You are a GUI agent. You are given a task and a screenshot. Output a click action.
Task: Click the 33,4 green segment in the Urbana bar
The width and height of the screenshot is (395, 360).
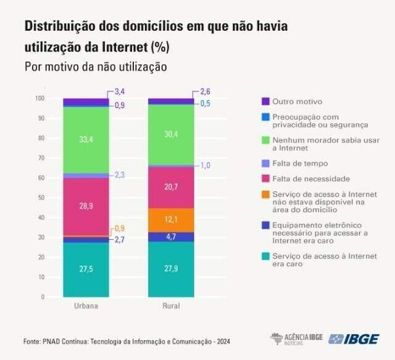pos(86,140)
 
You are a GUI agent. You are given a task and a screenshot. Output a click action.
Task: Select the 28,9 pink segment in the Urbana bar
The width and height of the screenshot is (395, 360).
pos(86,206)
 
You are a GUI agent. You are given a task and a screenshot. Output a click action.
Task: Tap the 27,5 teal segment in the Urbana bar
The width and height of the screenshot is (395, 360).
pos(86,269)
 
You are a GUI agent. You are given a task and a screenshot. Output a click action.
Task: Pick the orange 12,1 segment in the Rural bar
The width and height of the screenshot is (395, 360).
pos(171,219)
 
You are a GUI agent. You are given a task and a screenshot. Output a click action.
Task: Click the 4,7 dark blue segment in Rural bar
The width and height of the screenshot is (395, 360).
pos(171,237)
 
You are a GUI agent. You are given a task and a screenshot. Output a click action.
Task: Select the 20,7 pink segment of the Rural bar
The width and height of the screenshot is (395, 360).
pos(171,187)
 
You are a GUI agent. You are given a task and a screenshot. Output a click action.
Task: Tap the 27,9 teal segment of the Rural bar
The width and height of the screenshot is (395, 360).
pos(171,269)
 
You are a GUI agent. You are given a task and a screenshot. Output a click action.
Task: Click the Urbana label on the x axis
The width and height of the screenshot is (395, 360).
pos(86,306)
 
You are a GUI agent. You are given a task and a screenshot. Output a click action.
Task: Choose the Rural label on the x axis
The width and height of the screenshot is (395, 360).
pos(171,306)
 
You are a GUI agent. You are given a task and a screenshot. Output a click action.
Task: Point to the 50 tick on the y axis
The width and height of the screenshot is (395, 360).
pos(41,198)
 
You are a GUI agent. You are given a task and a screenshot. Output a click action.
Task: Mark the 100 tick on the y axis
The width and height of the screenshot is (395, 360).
pos(40,99)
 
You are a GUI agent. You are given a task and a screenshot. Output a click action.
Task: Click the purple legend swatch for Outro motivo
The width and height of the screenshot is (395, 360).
pos(265,101)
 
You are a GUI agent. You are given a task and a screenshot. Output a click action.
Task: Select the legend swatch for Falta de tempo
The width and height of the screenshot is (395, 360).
pos(265,163)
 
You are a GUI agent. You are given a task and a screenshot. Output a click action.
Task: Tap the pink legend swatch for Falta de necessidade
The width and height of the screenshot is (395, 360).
pos(265,179)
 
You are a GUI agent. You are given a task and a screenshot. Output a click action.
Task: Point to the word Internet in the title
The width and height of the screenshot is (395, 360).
pos(137,46)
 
